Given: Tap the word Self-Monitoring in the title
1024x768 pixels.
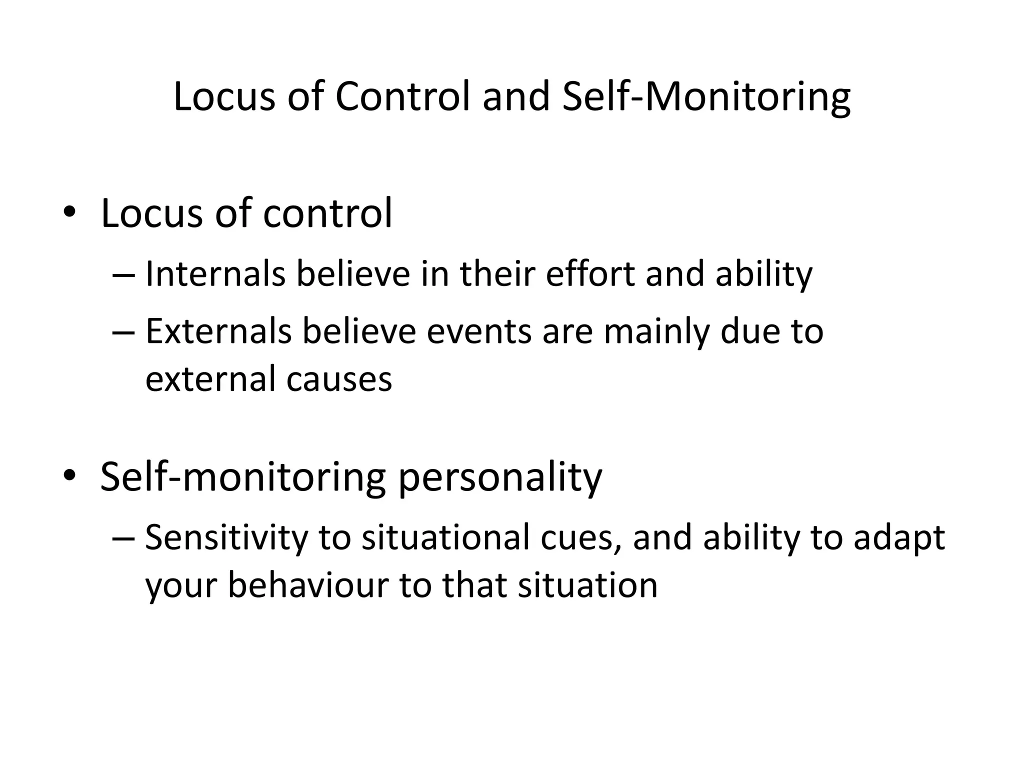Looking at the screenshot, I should point(706,97).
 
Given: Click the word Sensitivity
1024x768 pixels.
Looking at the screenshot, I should point(226,538).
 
